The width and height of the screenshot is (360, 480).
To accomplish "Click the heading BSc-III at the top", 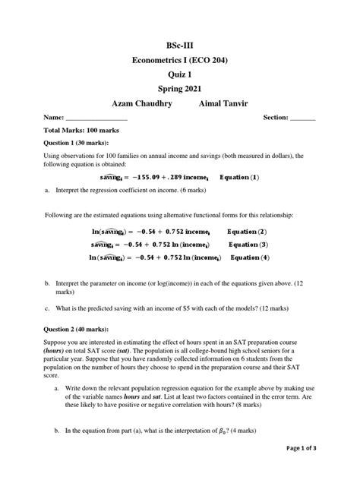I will [x=181, y=45].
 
